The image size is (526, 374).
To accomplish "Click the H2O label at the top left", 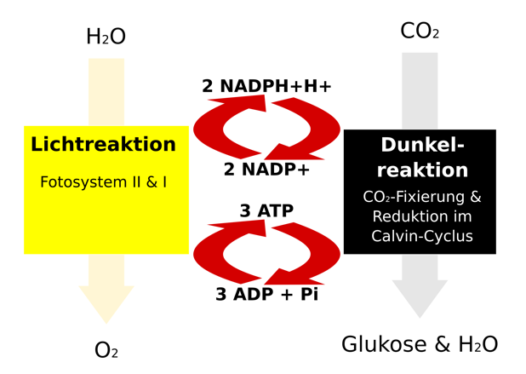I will pos(106,37).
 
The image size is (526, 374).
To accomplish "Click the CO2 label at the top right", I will pos(420,32).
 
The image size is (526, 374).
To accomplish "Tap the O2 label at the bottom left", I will pos(106,350).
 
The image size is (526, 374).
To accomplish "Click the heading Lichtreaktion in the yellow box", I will pos(103,145).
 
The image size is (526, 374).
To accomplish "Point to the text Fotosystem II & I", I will pos(103,182).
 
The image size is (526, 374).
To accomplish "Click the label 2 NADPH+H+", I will pos(266,86).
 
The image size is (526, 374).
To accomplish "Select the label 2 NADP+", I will pos(266,170).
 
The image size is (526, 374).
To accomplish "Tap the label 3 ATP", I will pos(266,210).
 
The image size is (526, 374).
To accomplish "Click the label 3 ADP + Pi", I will pos(266,296).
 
